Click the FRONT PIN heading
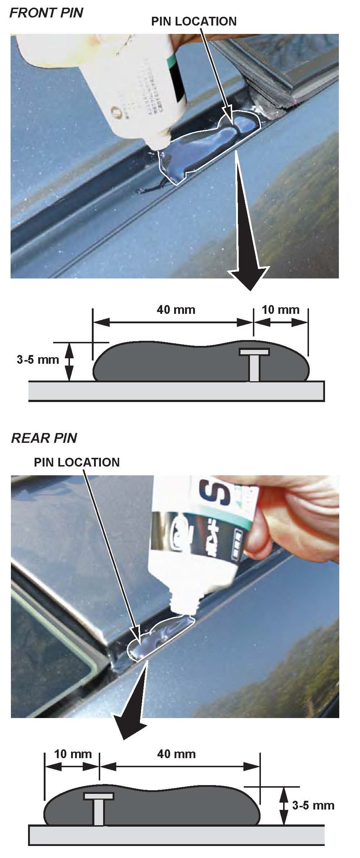coord(46,13)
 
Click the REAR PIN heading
coord(44,438)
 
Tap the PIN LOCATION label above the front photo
coord(194,22)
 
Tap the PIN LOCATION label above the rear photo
coord(77,462)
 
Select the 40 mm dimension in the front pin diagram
coord(176,310)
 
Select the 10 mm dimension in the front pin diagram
coord(281,310)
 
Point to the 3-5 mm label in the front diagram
coord(38,360)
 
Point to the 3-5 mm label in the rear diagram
coord(313,805)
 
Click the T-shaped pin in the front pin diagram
coord(254,364)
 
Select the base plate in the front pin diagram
coord(176,391)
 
